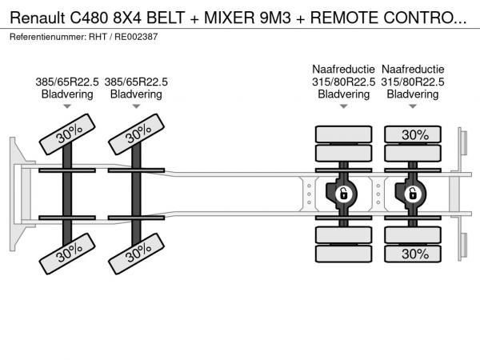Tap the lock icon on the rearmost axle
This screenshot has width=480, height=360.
coord(413,194)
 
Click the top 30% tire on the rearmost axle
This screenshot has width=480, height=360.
coord(414,134)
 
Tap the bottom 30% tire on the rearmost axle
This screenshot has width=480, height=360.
coord(414,254)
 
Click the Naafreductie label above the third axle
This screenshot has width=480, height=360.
coord(343,69)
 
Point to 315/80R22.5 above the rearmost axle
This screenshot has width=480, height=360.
coord(413,82)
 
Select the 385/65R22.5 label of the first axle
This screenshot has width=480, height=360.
coord(67,82)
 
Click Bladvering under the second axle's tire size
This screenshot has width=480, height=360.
coord(136,94)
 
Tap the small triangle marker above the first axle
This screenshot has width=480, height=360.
coord(67,106)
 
